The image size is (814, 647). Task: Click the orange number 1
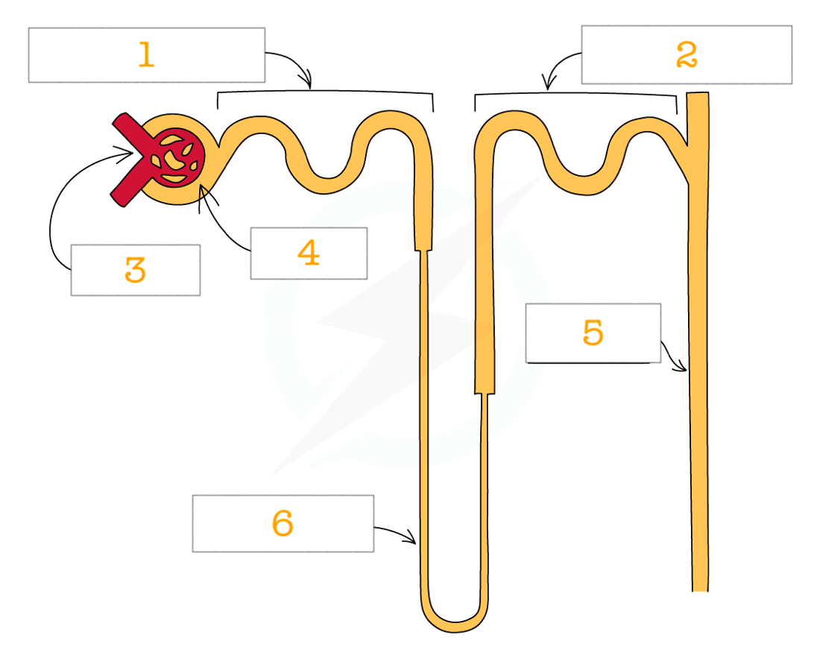click(146, 54)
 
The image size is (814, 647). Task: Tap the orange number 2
click(687, 54)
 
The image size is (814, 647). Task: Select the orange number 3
click(135, 270)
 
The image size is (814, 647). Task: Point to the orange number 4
click(309, 253)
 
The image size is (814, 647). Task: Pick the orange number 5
click(593, 332)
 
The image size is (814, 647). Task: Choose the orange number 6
click(283, 523)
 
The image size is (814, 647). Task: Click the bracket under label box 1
click(326, 92)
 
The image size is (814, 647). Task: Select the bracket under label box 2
click(575, 95)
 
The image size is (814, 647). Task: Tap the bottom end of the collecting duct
click(700, 590)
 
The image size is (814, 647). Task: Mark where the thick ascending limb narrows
click(485, 394)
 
